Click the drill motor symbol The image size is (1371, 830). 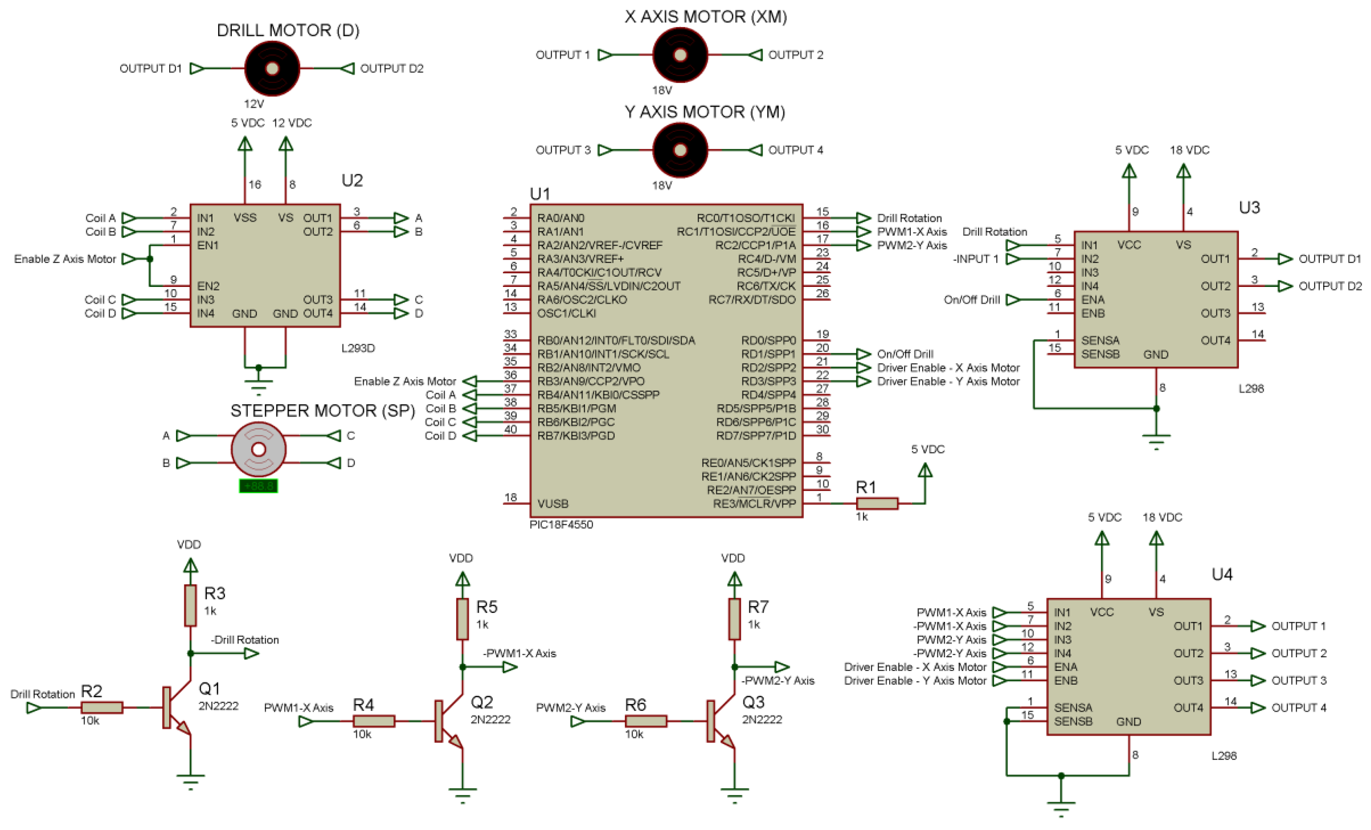point(272,68)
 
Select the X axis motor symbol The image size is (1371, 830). point(680,55)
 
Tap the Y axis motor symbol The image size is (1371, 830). point(680,150)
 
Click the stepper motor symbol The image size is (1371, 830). point(259,449)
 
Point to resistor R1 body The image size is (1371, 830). point(877,503)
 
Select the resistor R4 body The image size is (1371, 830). point(374,721)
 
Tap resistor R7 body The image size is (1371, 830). point(734,619)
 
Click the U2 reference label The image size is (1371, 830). point(352,180)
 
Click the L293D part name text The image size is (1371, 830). point(358,348)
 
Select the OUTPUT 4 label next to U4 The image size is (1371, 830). point(1299,707)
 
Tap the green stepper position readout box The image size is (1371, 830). point(258,486)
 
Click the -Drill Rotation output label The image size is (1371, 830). point(245,639)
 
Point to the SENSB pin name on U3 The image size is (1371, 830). point(1100,354)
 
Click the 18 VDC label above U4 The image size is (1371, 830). point(1162,517)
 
